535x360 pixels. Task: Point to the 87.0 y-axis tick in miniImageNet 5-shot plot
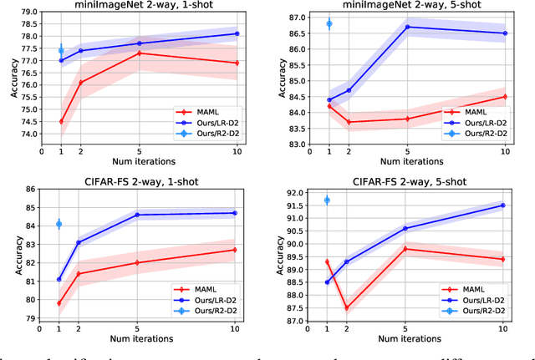click(298, 18)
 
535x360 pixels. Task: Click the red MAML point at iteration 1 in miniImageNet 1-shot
click(61, 121)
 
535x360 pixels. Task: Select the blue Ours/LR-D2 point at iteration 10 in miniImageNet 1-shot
click(237, 33)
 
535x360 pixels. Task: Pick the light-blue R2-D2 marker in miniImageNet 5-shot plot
click(329, 23)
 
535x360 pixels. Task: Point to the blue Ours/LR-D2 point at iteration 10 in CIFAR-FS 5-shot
click(503, 205)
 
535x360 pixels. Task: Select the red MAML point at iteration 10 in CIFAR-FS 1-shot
click(237, 250)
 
